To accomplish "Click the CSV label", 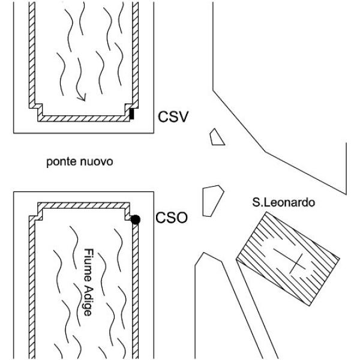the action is tap(173, 116).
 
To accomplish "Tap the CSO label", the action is tap(172, 218).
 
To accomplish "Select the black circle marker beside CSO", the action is tap(135, 220).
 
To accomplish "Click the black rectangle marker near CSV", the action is tap(131, 114).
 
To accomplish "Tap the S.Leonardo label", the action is tap(284, 203).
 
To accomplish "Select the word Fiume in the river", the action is tap(88, 265).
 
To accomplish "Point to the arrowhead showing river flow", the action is tap(82, 98).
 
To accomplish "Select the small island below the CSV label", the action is tap(217, 137).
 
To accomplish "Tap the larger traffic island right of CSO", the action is tap(212, 201).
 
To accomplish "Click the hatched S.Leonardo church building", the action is tap(288, 259).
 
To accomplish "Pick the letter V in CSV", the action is tap(183, 116).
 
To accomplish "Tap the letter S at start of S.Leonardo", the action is tap(256, 203).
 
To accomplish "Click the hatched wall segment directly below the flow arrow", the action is tap(83, 118).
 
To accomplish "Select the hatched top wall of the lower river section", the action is tap(83, 205).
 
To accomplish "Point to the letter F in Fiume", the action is tap(88, 251).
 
